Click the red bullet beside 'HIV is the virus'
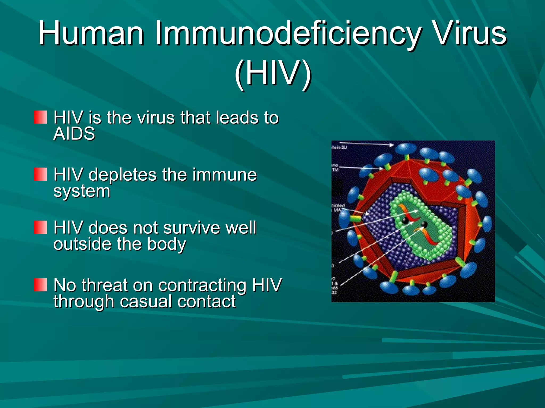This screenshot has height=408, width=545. tap(40, 117)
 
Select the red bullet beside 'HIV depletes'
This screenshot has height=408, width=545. tap(40, 174)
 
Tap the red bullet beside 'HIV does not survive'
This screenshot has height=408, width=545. tap(40, 227)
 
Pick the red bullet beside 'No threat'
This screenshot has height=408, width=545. tap(40, 285)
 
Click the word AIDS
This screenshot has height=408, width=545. tap(74, 133)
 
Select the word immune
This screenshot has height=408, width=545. tap(225, 175)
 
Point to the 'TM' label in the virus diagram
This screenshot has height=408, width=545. tap(336, 170)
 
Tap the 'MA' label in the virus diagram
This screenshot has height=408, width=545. tap(337, 210)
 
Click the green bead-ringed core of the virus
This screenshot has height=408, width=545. tap(420, 226)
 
